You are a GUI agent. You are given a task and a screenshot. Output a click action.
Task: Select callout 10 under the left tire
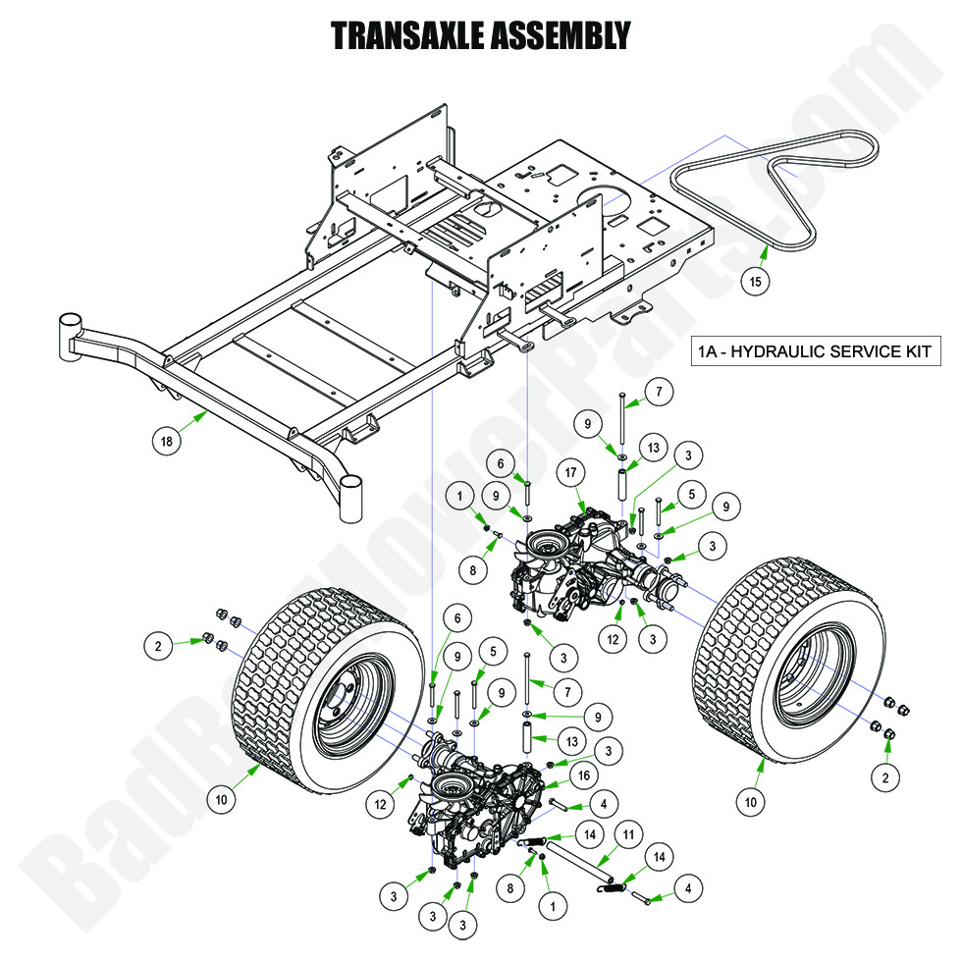click(222, 800)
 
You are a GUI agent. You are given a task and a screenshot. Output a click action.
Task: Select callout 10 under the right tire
click(751, 802)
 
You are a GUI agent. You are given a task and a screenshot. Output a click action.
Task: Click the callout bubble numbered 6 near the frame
click(500, 464)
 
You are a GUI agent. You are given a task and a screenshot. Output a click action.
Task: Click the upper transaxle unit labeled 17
click(579, 569)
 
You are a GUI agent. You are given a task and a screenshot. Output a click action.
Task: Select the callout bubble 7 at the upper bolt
click(658, 393)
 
